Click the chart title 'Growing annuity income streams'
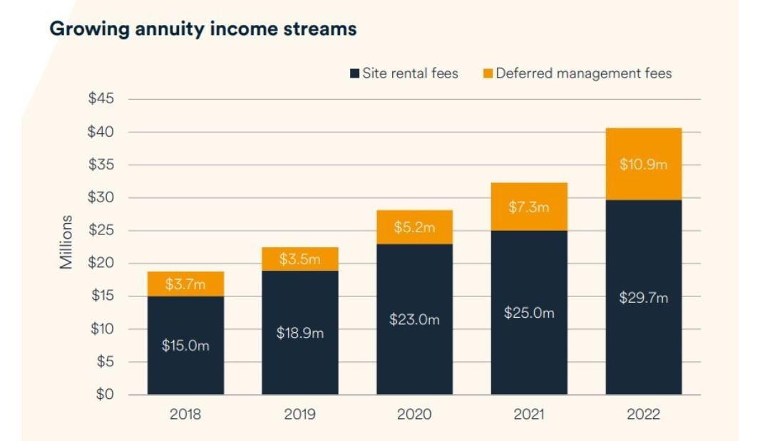pyautogui.click(x=202, y=29)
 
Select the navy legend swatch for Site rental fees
pyautogui.click(x=354, y=73)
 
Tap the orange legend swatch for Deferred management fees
pyautogui.click(x=488, y=73)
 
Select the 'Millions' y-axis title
pyautogui.click(x=66, y=242)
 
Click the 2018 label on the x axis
pyautogui.click(x=185, y=414)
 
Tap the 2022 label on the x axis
pyautogui.click(x=643, y=414)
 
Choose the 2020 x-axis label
pyautogui.click(x=414, y=414)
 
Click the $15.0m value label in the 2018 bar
pyautogui.click(x=185, y=346)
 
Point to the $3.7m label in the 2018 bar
pyautogui.click(x=185, y=284)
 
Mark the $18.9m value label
pyautogui.click(x=300, y=333)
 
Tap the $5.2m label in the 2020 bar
pyautogui.click(x=414, y=228)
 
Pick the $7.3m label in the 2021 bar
pyautogui.click(x=529, y=207)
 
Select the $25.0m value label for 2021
pyautogui.click(x=529, y=313)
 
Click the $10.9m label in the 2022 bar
pyautogui.click(x=643, y=165)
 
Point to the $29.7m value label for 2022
pyautogui.click(x=643, y=298)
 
